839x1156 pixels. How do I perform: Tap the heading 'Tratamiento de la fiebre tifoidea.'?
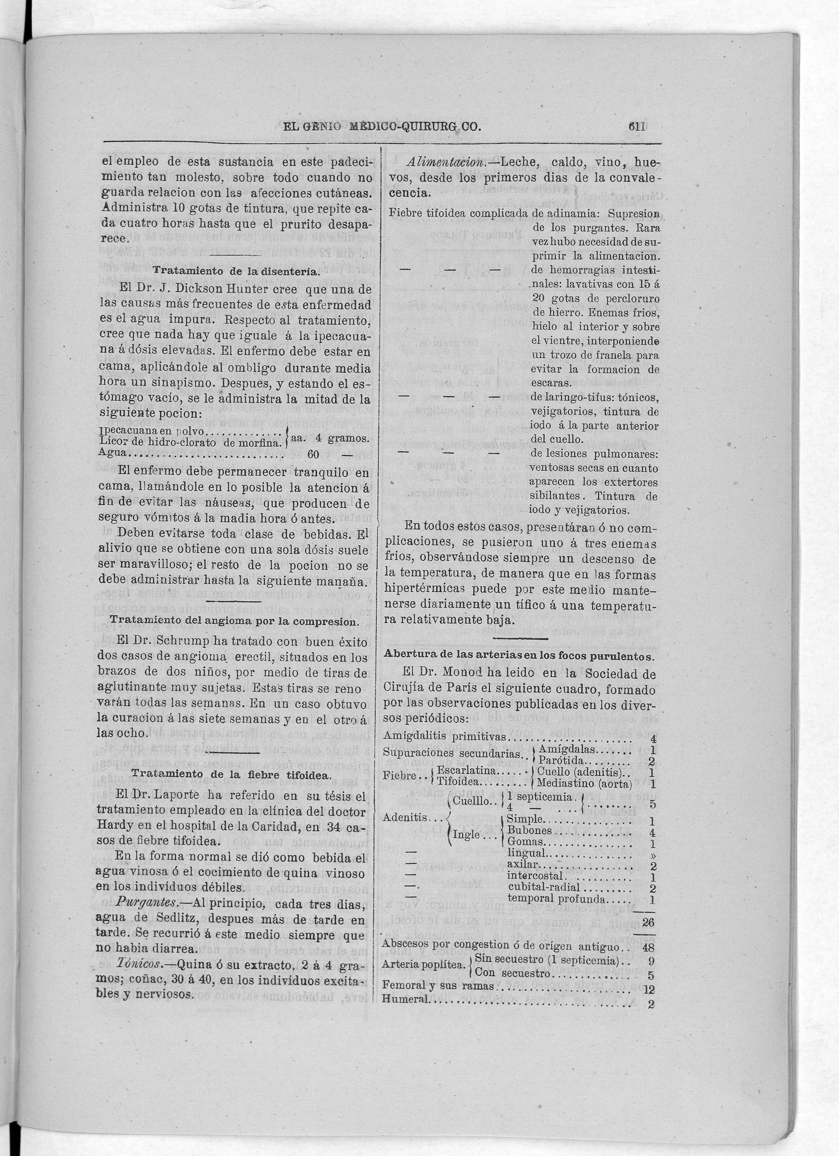click(231, 773)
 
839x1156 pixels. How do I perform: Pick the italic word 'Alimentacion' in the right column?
click(451, 163)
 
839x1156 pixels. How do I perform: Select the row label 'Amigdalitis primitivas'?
click(445, 736)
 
